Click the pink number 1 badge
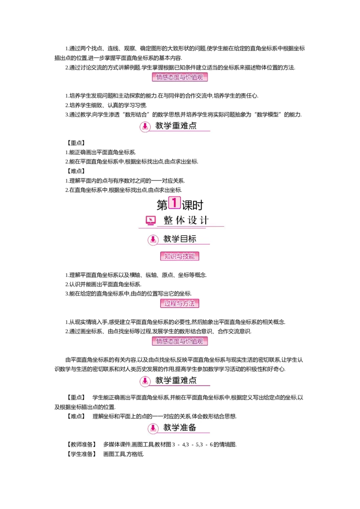point(174,202)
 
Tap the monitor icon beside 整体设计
point(151,220)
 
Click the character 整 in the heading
point(168,220)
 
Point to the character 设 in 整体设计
point(192,220)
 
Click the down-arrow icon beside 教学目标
point(153,240)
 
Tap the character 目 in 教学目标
point(184,239)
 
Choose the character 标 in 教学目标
point(192,239)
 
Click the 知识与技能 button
point(180,256)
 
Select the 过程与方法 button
point(180,303)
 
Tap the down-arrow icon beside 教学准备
point(153,429)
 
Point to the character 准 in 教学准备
point(184,428)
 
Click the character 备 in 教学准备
point(192,428)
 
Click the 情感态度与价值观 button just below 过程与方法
point(180,341)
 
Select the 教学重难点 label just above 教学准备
point(176,380)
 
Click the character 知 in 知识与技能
point(167,256)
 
